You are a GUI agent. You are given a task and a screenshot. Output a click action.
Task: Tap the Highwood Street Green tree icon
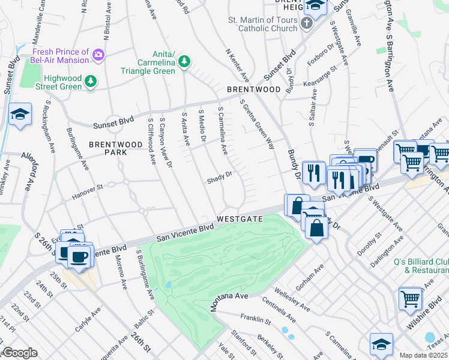[90, 81]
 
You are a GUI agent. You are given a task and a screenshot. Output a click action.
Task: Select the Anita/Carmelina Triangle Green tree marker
[184, 61]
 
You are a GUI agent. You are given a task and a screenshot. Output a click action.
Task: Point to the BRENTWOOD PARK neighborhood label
[108, 148]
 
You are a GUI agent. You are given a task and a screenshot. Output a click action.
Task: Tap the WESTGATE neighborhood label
[240, 219]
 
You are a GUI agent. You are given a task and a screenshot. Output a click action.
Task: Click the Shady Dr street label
[220, 180]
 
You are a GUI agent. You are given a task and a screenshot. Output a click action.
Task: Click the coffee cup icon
[78, 257]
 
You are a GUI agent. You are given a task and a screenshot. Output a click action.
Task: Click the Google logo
[20, 353]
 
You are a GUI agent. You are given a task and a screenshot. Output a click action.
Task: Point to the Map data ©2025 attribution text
[423, 355]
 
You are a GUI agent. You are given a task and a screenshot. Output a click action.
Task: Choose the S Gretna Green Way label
[257, 125]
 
